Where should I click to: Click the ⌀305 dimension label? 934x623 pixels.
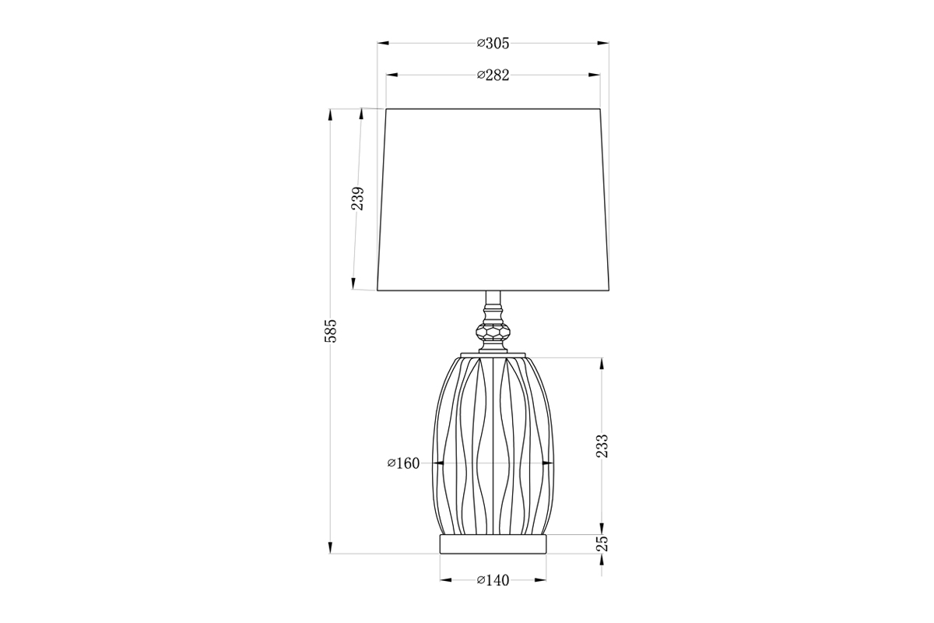[493, 44]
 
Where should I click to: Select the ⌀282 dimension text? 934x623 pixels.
[493, 76]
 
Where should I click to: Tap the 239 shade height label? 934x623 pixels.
[358, 199]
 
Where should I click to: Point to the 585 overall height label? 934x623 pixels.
[330, 331]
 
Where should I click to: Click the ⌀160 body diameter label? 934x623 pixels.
[404, 463]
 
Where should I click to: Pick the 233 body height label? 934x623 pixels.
[602, 446]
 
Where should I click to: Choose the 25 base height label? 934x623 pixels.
[602, 544]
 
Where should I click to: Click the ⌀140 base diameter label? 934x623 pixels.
[493, 580]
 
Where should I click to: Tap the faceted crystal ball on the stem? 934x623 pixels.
[493, 332]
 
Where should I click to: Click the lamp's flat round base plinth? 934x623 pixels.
[493, 544]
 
